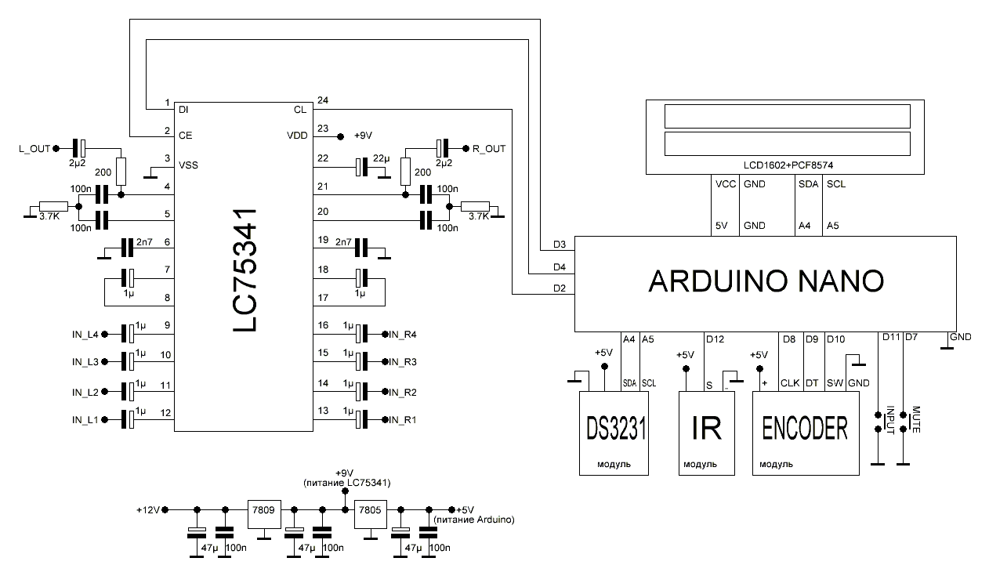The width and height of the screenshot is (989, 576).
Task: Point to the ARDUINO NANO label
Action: coord(766,281)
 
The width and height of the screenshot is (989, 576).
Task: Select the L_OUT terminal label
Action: coord(33,147)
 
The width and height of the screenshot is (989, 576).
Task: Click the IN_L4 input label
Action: coord(85,335)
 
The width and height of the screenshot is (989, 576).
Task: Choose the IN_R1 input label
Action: coord(404,420)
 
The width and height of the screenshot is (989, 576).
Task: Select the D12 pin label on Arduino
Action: coord(715,339)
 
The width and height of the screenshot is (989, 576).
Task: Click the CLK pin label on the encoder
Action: coord(789,384)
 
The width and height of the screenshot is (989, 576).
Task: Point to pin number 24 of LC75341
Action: coord(322,100)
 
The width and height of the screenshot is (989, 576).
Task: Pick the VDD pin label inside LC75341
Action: coord(297,136)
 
